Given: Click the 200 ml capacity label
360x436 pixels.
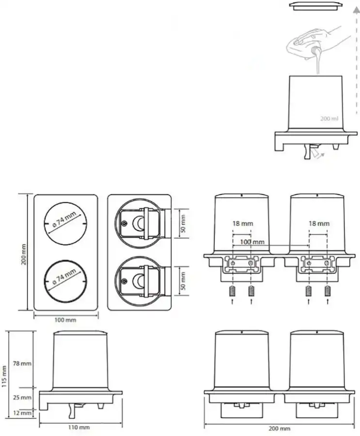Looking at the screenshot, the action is point(329,119).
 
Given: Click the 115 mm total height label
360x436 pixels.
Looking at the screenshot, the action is point(4,377).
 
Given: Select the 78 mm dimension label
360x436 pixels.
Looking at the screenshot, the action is point(22,363).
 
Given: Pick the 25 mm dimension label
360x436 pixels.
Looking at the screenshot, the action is point(22,398).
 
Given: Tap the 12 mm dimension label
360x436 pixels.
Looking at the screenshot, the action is point(22,413).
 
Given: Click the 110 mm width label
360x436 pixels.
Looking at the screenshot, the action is point(79,427).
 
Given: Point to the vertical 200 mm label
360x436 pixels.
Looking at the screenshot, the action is point(24,254).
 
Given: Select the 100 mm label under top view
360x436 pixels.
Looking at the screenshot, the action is point(65,320).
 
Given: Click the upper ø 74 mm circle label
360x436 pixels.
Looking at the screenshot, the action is point(64,219).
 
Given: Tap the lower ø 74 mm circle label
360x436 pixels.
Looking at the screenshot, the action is point(64,277).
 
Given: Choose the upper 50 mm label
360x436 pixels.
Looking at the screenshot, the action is point(183,223).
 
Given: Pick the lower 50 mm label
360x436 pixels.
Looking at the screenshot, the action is point(183,281).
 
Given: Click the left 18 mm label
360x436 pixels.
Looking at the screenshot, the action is point(243,223).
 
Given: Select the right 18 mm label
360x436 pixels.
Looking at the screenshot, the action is point(319,223).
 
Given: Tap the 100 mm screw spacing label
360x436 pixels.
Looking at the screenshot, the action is point(252,242).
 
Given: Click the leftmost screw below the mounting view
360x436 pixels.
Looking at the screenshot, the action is point(233,291).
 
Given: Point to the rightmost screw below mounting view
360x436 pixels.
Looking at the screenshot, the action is point(328,291).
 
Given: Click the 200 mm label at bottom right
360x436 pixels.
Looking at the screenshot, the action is point(279,429).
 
